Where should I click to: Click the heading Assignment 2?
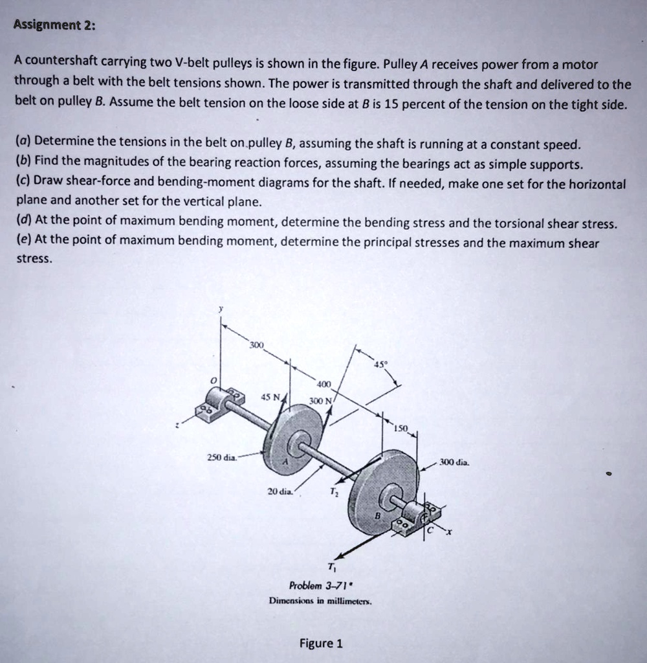(55, 26)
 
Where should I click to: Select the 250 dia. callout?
(221, 458)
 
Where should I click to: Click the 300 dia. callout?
(454, 462)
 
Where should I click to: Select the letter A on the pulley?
(283, 464)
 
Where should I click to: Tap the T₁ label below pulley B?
(331, 568)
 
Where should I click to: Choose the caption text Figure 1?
(321, 643)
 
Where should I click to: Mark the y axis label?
(221, 309)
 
